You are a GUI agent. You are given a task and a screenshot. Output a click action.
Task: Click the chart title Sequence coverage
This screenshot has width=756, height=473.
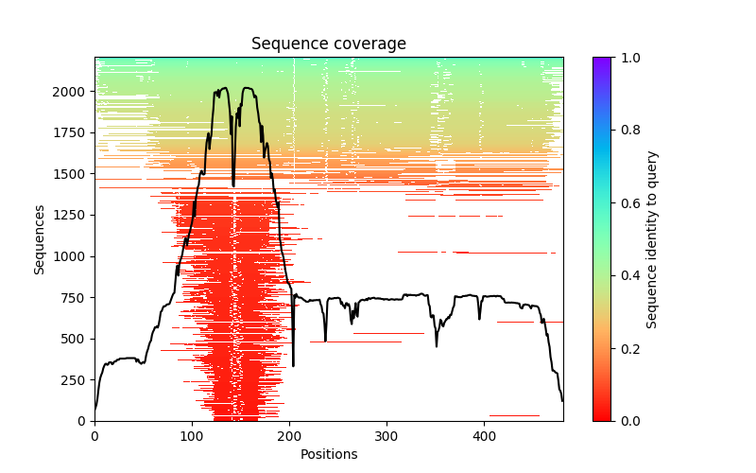(x=328, y=44)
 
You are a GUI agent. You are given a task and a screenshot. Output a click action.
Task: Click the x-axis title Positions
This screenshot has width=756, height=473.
(x=328, y=454)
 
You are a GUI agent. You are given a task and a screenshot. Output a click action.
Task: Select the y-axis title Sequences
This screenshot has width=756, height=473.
(x=40, y=238)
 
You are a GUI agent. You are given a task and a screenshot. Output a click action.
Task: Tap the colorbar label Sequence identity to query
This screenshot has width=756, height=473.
(x=652, y=238)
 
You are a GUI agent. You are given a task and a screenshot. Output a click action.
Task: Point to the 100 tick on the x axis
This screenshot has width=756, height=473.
(x=192, y=421)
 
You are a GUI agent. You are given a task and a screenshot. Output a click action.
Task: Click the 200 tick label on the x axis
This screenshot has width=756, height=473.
(x=289, y=436)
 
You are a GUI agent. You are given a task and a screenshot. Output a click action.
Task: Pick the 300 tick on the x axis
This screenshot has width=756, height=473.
(x=387, y=421)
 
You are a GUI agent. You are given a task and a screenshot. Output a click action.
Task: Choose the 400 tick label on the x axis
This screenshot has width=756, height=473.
(x=484, y=436)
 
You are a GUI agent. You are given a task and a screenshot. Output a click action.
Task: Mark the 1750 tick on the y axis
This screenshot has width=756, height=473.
(x=94, y=133)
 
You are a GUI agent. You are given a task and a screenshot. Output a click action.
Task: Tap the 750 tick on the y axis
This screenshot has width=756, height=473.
(x=94, y=297)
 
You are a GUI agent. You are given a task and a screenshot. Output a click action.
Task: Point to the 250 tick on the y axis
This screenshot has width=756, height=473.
(x=94, y=379)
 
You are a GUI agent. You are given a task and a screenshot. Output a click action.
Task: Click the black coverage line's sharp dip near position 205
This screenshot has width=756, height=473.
(x=293, y=365)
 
